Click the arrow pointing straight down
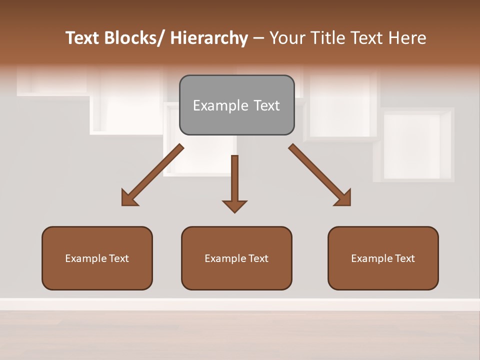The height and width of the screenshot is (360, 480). [234, 182]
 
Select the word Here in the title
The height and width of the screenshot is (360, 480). [407, 38]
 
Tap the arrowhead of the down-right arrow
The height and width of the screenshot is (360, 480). [343, 198]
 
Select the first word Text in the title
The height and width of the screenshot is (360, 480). [83, 38]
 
